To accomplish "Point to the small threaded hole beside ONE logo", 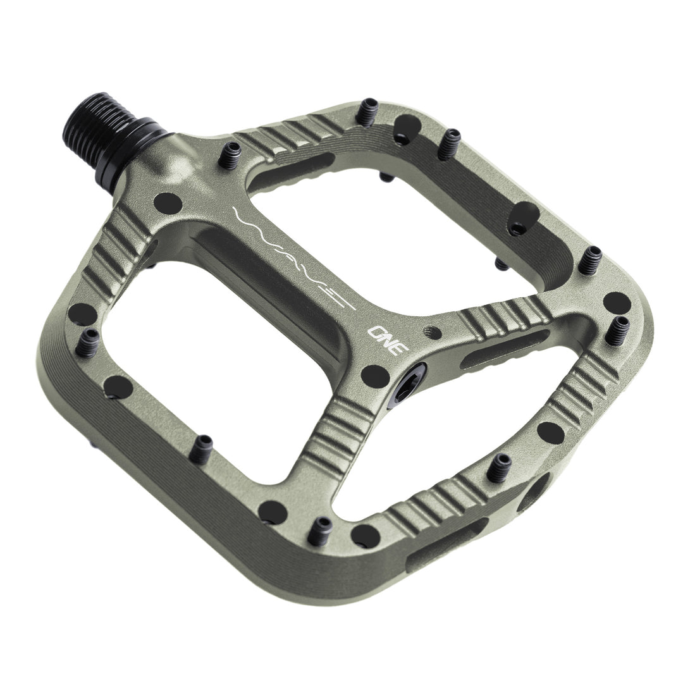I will coord(433,330).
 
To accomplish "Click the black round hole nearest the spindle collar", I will coord(168,203).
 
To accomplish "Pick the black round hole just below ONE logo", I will coord(375,376).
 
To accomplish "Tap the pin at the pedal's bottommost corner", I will coord(323,531).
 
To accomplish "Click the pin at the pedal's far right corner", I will coord(618,329).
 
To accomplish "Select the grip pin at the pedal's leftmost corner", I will coord(88,341).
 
